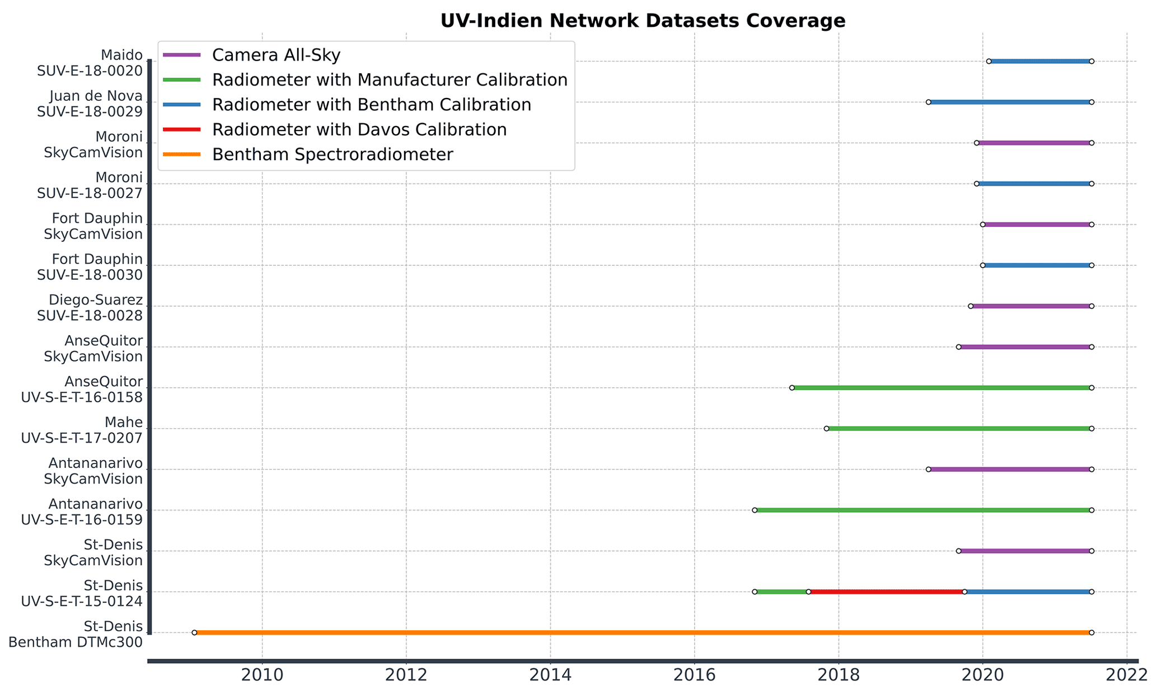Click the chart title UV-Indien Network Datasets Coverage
(643, 21)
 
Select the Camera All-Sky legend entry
(276, 55)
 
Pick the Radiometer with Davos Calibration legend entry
(359, 130)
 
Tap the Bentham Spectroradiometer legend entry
(332, 154)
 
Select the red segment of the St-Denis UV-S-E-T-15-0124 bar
(886, 592)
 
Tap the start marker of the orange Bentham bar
(194, 632)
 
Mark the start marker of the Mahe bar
(826, 429)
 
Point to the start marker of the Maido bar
(989, 61)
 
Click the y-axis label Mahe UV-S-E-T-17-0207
(82, 430)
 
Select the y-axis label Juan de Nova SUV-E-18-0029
(90, 104)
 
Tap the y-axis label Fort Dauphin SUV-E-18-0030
(90, 267)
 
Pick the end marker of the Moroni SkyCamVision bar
(1092, 143)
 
